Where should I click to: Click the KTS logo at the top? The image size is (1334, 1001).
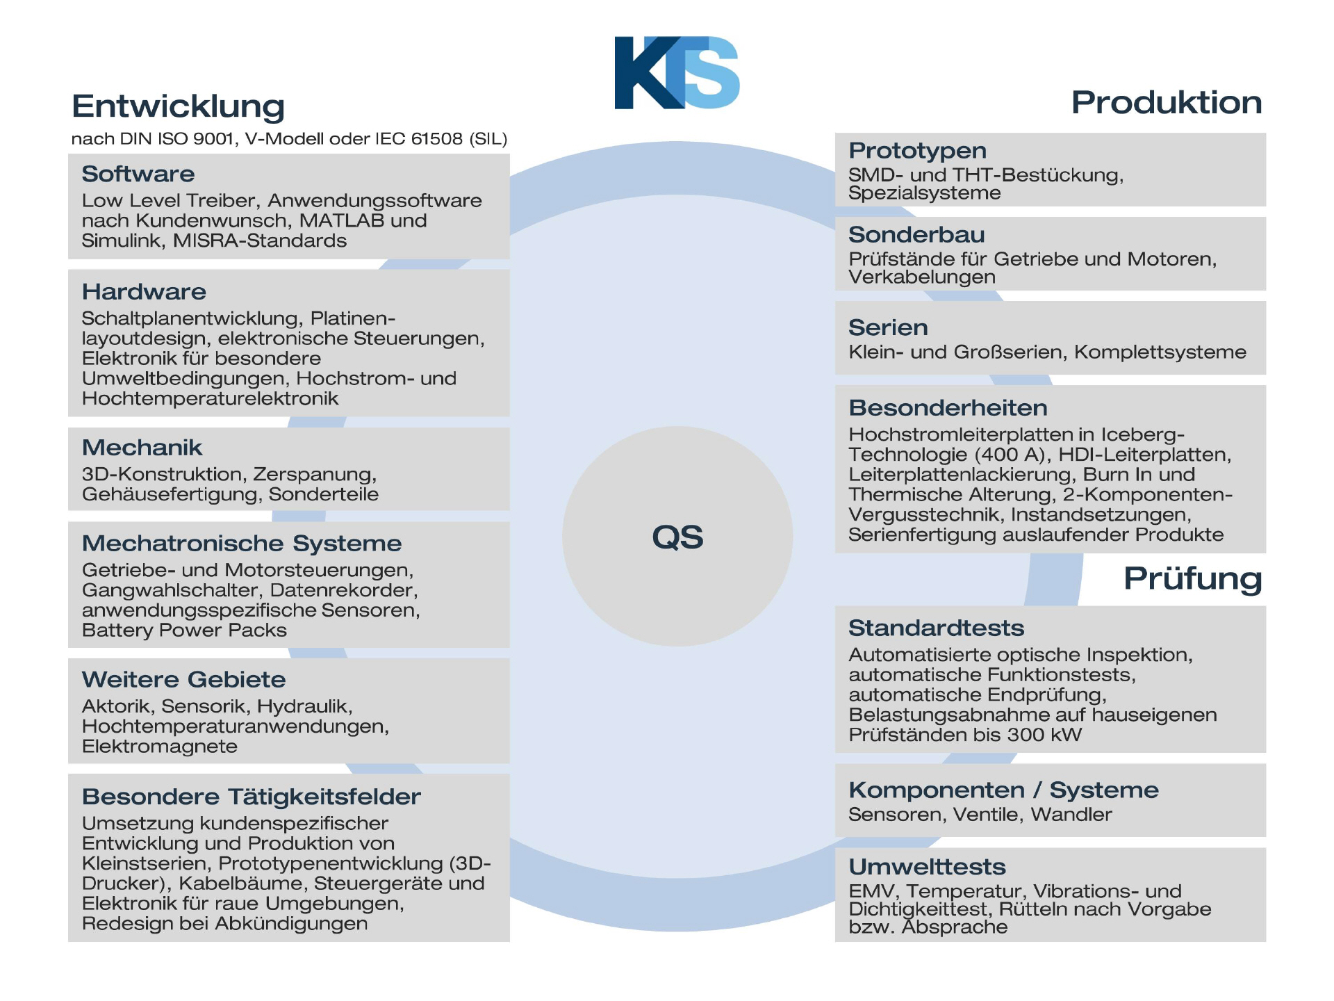coord(677,72)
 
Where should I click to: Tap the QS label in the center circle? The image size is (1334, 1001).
coord(677,537)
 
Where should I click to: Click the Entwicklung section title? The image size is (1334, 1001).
coord(179,106)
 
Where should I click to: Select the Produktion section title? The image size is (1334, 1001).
coord(1167,103)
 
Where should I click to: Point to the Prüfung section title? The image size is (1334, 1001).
coord(1193,578)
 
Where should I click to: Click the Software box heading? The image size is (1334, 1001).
coord(138,174)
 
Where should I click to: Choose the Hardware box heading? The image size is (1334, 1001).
coord(144,292)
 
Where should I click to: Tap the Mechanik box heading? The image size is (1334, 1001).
coord(142,448)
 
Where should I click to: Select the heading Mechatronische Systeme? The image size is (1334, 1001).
coord(242,544)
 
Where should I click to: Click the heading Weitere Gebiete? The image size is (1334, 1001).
coord(184,679)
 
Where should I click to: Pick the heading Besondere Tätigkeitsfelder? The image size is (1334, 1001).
coord(252,797)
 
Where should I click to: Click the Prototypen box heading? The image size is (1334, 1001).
coord(918,151)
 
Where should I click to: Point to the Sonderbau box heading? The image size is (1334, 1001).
coord(916,235)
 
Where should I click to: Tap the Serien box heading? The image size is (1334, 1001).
coord(888,327)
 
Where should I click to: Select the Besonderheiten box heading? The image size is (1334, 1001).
coord(948,408)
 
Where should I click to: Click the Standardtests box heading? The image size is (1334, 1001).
coord(937,628)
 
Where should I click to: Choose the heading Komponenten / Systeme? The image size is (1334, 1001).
coord(1004,790)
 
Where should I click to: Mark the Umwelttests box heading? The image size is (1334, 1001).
coord(928,867)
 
